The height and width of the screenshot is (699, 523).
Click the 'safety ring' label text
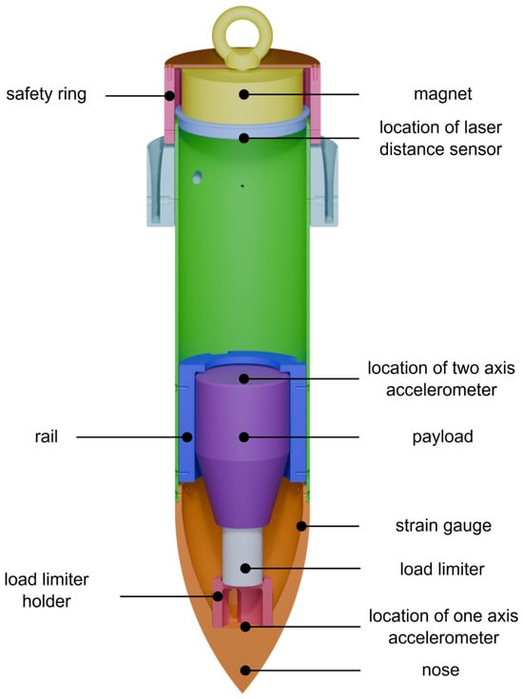[x=46, y=94]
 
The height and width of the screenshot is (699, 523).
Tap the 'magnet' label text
[x=442, y=94]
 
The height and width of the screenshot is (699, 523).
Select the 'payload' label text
[x=442, y=437]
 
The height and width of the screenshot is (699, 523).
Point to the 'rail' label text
[x=47, y=437]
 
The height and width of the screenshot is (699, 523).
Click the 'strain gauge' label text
[x=443, y=526]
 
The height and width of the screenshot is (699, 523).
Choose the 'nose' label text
[x=440, y=670]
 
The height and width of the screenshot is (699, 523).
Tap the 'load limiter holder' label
[x=47, y=591]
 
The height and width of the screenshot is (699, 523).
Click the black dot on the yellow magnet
[x=243, y=94]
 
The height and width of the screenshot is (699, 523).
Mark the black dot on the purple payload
[x=243, y=437]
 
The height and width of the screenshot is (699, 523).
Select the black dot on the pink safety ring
[x=170, y=95]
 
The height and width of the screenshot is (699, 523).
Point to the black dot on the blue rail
[x=187, y=437]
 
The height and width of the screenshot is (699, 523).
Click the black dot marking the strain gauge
[x=301, y=527]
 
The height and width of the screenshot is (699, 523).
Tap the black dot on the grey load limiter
[x=245, y=569]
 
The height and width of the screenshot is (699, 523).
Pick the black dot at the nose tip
[x=244, y=670]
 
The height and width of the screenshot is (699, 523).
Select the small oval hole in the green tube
[x=197, y=177]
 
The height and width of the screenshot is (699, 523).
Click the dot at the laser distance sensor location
[x=243, y=138]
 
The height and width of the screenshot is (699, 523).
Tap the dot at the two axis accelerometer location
[x=243, y=379]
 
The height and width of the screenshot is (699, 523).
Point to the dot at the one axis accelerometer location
[x=244, y=627]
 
